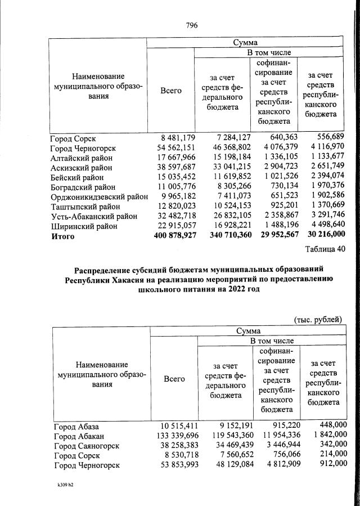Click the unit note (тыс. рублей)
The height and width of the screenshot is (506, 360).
(x=318, y=320)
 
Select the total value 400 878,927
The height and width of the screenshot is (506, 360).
(x=175, y=236)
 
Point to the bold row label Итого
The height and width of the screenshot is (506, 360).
(x=64, y=236)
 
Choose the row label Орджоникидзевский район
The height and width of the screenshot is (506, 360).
(x=99, y=197)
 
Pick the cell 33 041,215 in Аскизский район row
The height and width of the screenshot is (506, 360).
(x=223, y=168)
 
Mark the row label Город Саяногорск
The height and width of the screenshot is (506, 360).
(x=87, y=446)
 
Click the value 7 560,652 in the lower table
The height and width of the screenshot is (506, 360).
(x=223, y=455)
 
